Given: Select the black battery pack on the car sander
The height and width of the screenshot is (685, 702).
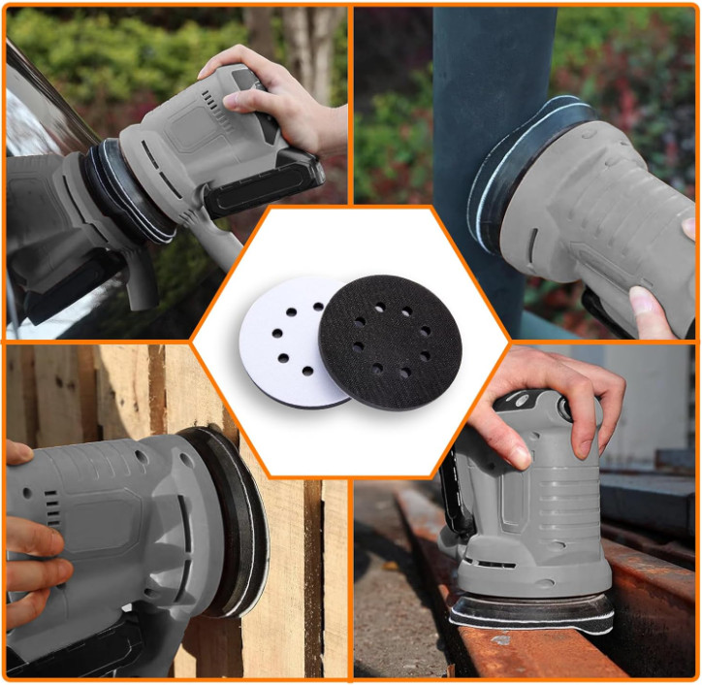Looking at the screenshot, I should [x=262, y=183].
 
